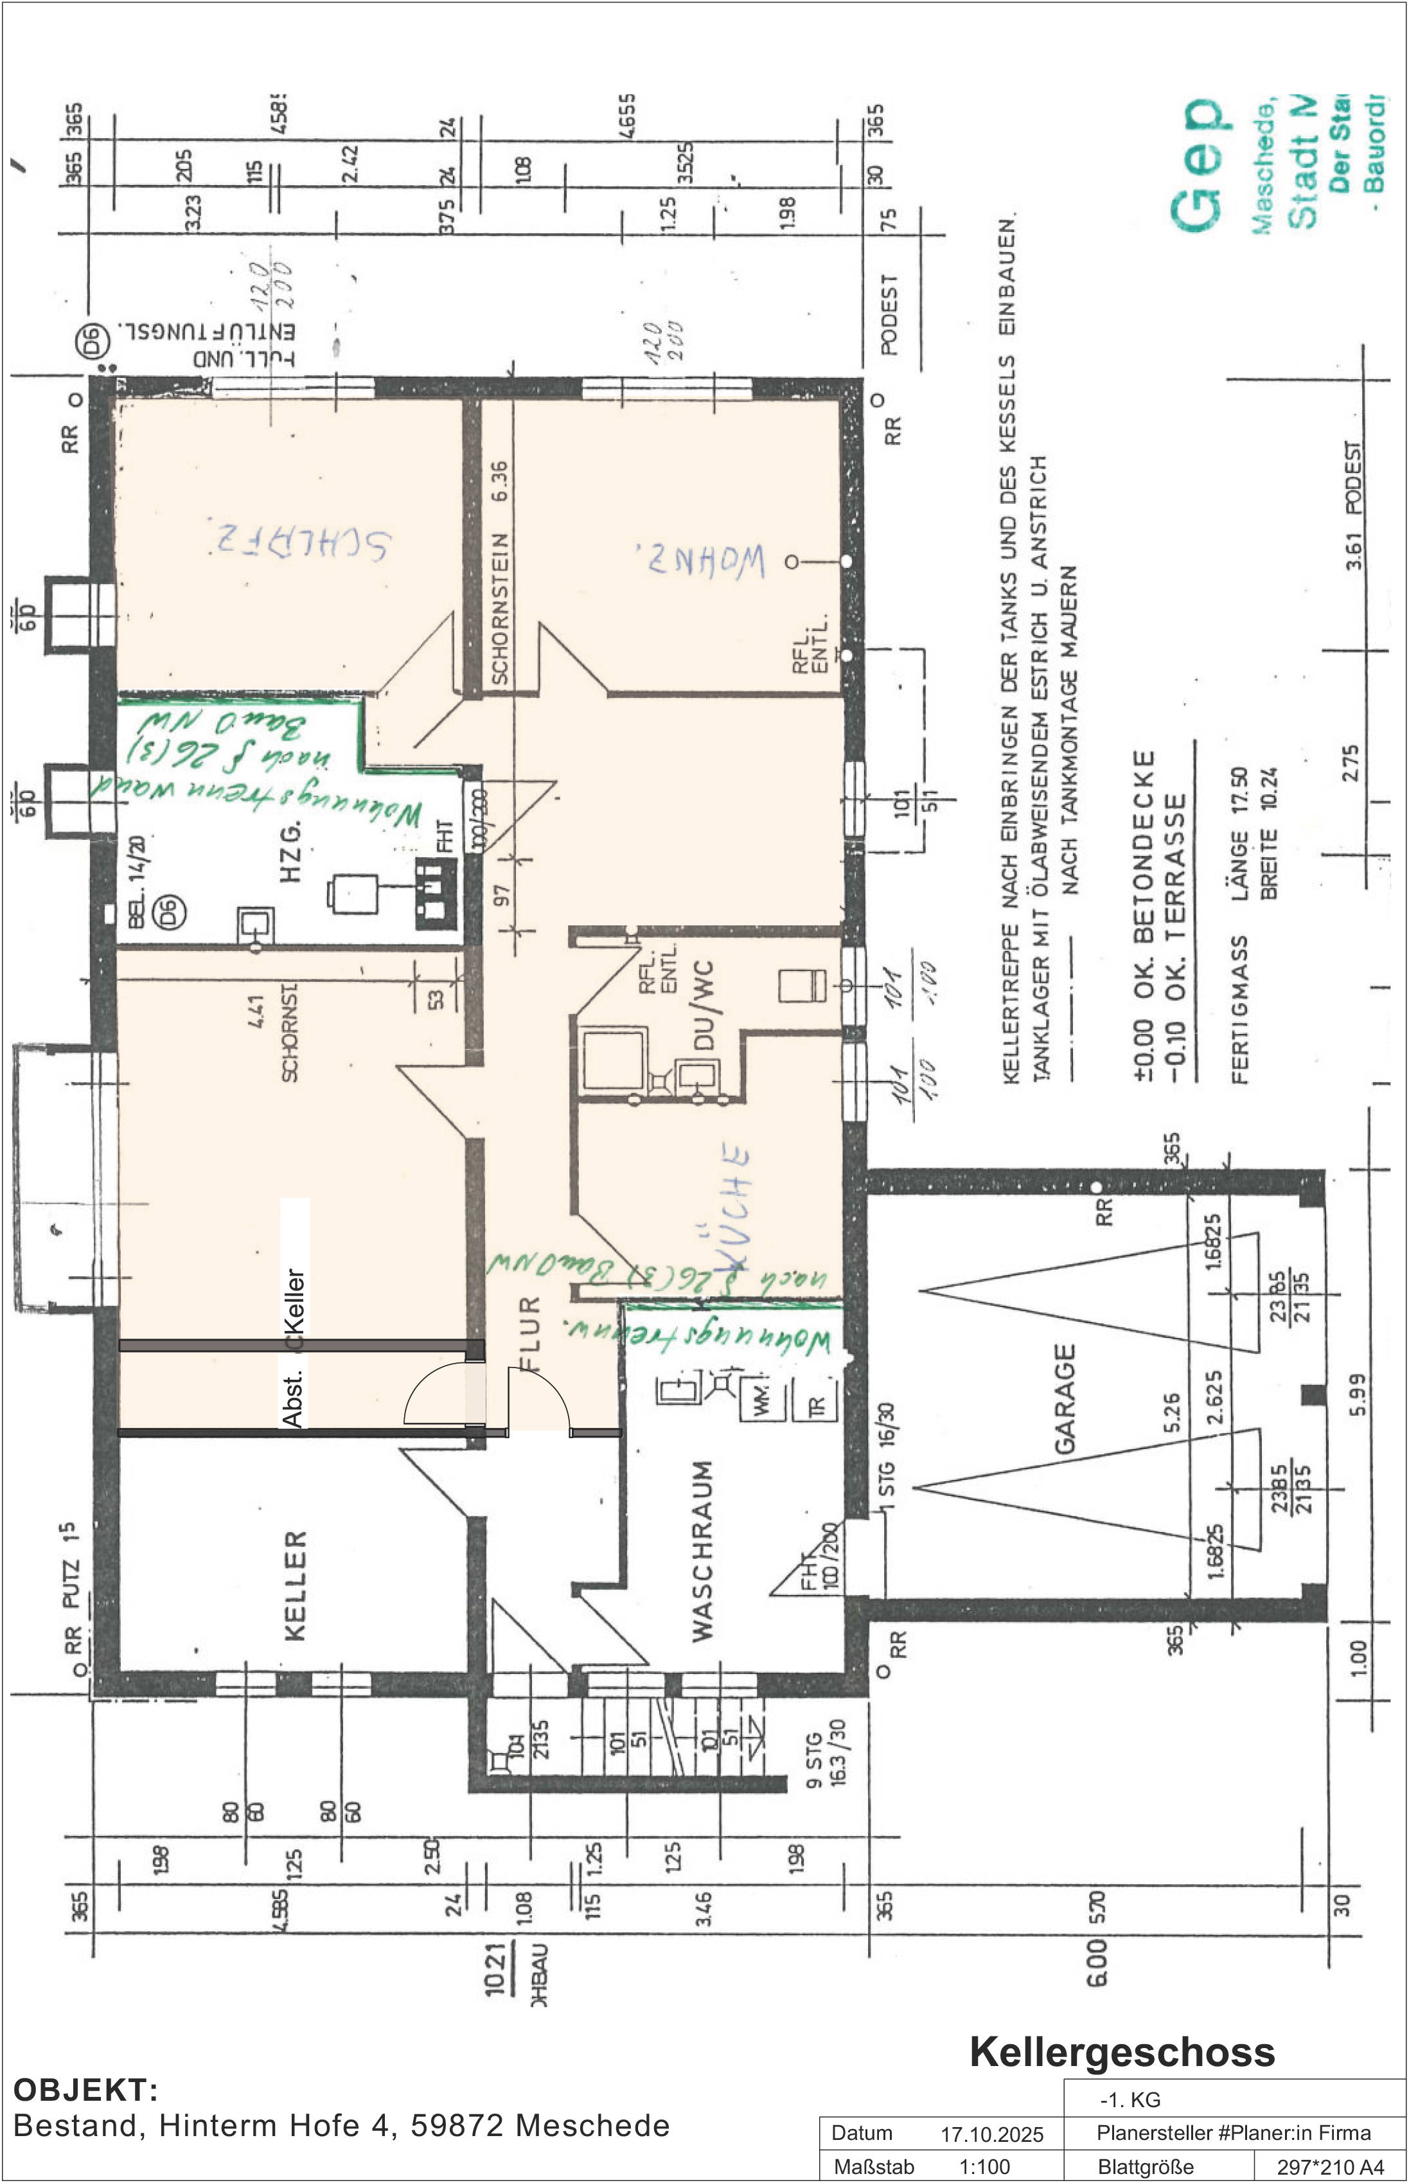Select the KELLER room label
[x=295, y=1587]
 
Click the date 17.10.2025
[x=992, y=2135]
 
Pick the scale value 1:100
[x=984, y=2166]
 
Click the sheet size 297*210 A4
[x=1331, y=2166]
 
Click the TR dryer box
[x=817, y=1404]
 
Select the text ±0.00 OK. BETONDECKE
[x=1144, y=915]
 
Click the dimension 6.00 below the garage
[x=1096, y=1965]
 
